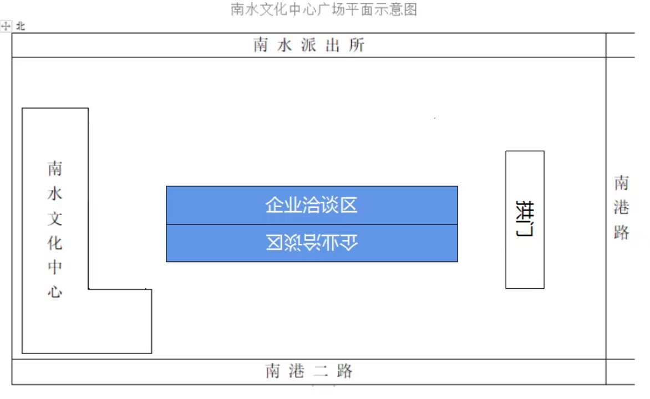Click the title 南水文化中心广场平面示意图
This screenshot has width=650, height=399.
point(324,9)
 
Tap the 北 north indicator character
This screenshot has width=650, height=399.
point(21,27)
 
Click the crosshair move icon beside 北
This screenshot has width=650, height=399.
point(6,26)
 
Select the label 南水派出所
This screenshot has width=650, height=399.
point(309,45)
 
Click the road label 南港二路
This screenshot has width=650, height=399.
point(309,371)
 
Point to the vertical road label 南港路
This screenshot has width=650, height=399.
point(621,208)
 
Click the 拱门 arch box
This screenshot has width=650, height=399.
point(525,219)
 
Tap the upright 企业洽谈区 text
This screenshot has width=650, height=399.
point(311,205)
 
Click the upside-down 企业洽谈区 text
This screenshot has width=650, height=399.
point(311,242)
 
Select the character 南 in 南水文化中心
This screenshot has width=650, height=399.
point(55,168)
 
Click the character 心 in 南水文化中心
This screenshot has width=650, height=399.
point(55,292)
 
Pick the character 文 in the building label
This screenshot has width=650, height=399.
point(55,218)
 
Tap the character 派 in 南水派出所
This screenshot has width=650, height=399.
point(309,45)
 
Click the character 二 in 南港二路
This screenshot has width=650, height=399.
point(321,371)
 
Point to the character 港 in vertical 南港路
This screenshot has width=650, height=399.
point(621,208)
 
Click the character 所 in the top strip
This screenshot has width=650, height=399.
point(357,45)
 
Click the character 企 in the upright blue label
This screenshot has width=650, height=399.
point(273,205)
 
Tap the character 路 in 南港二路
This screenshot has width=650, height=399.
point(345,371)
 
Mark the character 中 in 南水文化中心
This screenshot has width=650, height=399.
point(55,267)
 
